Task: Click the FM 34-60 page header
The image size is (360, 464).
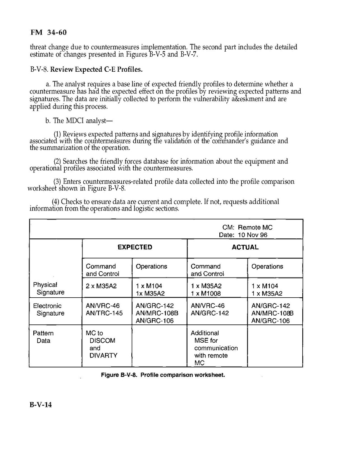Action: (x=46, y=33)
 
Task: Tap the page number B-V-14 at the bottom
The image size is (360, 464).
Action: (x=41, y=405)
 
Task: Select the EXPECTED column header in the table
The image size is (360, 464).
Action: (x=135, y=247)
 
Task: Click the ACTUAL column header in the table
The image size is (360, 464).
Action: (x=245, y=247)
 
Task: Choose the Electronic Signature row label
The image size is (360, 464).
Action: (x=49, y=309)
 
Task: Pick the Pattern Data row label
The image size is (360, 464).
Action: (x=43, y=337)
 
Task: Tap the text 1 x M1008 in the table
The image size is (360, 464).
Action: (x=206, y=293)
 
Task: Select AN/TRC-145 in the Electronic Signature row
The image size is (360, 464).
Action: (x=104, y=313)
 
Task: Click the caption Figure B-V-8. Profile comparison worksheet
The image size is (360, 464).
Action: (x=163, y=375)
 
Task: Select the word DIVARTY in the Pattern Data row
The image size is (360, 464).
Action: (x=103, y=355)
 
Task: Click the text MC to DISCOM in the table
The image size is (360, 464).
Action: (x=100, y=336)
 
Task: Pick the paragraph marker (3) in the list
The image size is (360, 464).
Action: (x=57, y=181)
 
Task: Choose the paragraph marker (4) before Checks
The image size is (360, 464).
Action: (x=56, y=202)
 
